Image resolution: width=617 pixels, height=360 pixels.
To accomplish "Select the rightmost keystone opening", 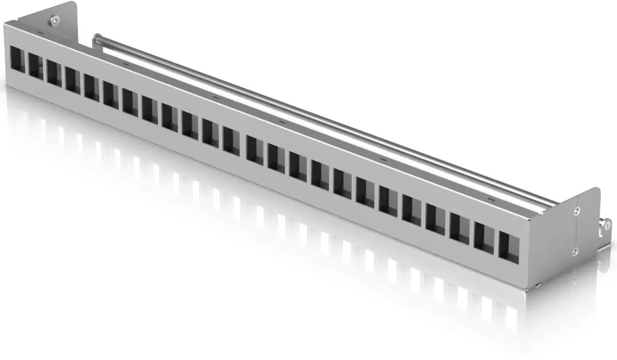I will point(509,246).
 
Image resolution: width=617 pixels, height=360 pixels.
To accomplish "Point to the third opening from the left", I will point(53,73).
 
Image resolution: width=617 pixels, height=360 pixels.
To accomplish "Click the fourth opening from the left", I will point(73,79).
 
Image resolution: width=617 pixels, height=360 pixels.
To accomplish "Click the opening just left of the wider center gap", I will point(231,140).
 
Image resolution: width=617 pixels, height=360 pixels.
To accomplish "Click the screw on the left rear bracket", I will point(54,20).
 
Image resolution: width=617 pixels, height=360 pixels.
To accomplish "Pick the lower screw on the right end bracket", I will point(575,251).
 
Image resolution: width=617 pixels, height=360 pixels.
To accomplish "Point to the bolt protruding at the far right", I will point(605,227).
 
